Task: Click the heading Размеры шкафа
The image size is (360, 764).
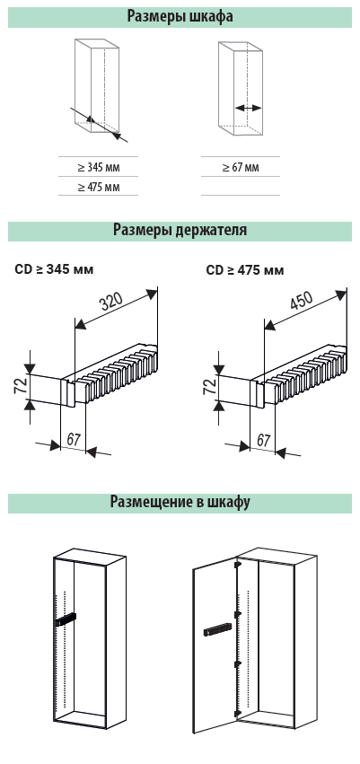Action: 180,16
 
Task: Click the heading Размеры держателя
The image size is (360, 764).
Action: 180,230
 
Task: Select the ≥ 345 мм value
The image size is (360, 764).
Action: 99,168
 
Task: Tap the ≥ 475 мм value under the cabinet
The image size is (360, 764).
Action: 99,187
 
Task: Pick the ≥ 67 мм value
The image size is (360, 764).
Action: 241,168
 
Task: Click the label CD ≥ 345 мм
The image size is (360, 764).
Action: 54,269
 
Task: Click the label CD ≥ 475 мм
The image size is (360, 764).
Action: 244,269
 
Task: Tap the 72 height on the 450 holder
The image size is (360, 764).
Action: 209,386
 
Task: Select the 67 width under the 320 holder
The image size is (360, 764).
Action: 73,440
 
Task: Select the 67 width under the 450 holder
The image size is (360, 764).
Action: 263,441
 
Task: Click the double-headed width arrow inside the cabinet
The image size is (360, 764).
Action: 248,108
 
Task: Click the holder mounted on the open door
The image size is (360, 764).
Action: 215,629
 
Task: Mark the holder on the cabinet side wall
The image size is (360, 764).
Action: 66,619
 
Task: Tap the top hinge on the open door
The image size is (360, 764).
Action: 238,566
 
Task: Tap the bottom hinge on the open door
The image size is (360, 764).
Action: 237,712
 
